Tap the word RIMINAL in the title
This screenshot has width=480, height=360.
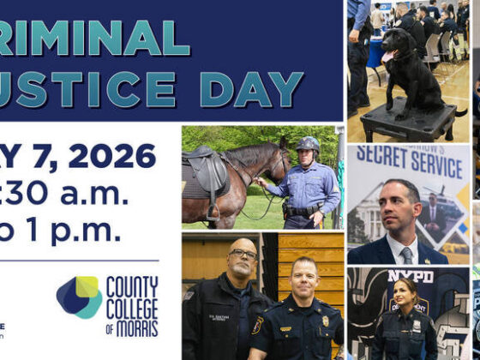[95, 39]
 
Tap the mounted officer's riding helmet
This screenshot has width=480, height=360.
[307, 143]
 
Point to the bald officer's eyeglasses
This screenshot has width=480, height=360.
[243, 255]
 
